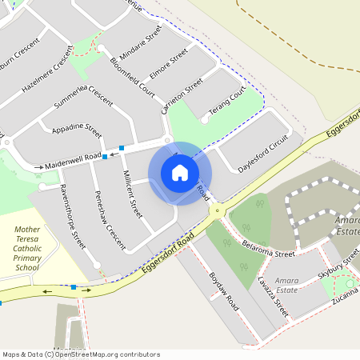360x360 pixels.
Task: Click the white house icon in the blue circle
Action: (x=180, y=172)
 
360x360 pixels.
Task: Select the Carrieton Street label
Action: (x=184, y=96)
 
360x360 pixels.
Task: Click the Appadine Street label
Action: (x=76, y=129)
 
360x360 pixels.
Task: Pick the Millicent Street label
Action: (x=132, y=195)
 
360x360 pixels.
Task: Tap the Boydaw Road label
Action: (x=224, y=290)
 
